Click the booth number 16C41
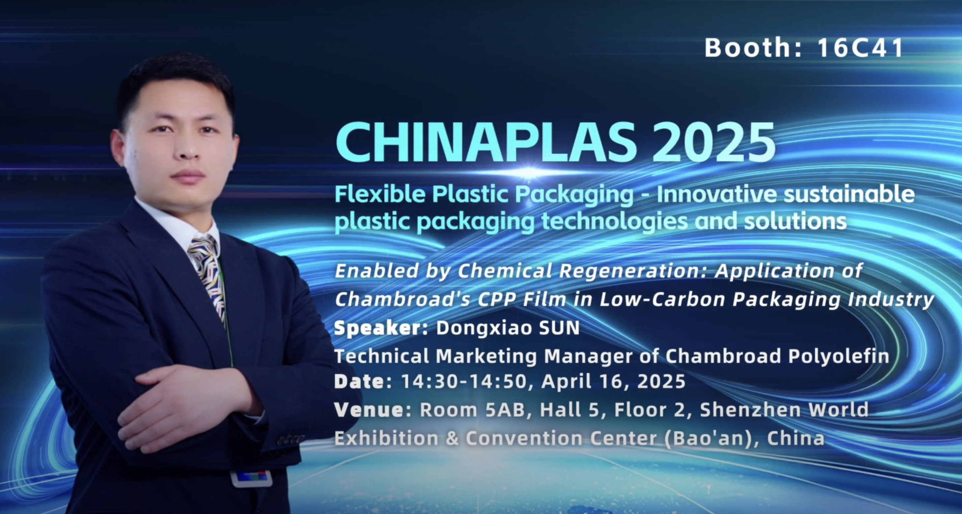[860, 48]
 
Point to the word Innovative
[717, 194]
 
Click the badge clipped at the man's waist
[251, 478]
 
